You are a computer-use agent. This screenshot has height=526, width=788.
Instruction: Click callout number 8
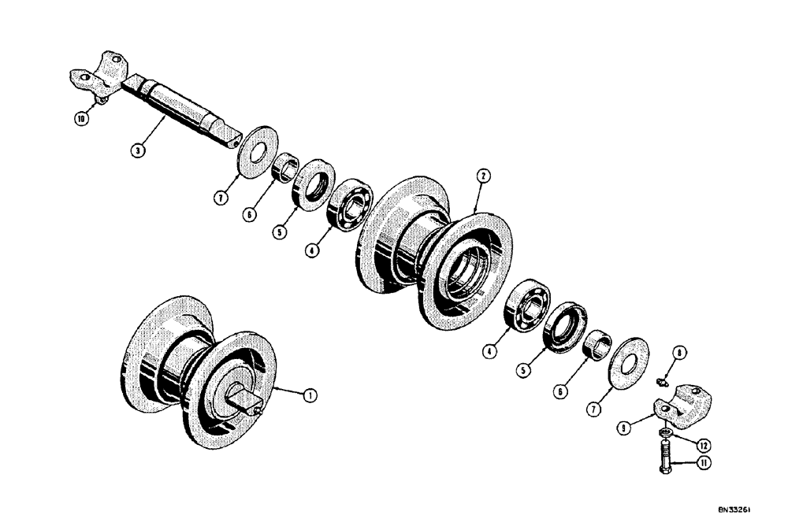pos(680,354)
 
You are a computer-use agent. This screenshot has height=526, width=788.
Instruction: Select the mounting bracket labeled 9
pos(682,407)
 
